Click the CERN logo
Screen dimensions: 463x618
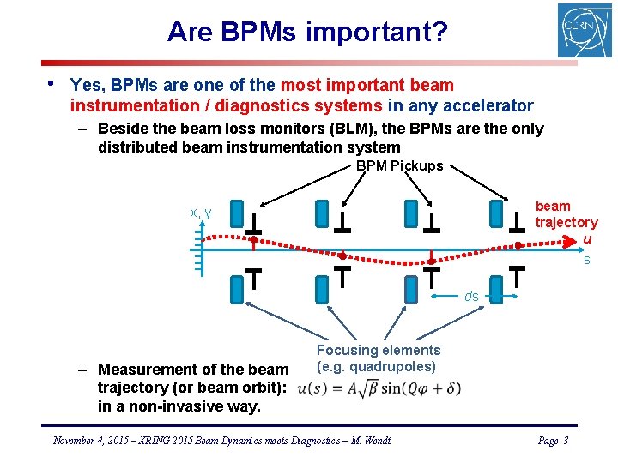(x=584, y=31)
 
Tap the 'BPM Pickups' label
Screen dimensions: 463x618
(x=399, y=166)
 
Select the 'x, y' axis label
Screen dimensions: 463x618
(x=201, y=213)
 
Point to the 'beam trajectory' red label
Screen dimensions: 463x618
(x=566, y=214)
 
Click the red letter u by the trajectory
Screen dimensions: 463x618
(x=587, y=239)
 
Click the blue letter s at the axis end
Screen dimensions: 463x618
(x=587, y=260)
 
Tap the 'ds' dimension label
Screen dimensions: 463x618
(x=471, y=296)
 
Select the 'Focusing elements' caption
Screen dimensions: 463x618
(x=379, y=350)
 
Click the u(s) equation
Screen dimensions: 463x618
(x=379, y=388)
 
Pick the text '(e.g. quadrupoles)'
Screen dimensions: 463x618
(x=376, y=367)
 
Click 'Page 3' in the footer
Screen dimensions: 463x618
(x=553, y=441)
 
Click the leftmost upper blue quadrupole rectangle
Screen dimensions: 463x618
(x=238, y=213)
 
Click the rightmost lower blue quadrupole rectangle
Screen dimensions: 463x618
(x=495, y=290)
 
